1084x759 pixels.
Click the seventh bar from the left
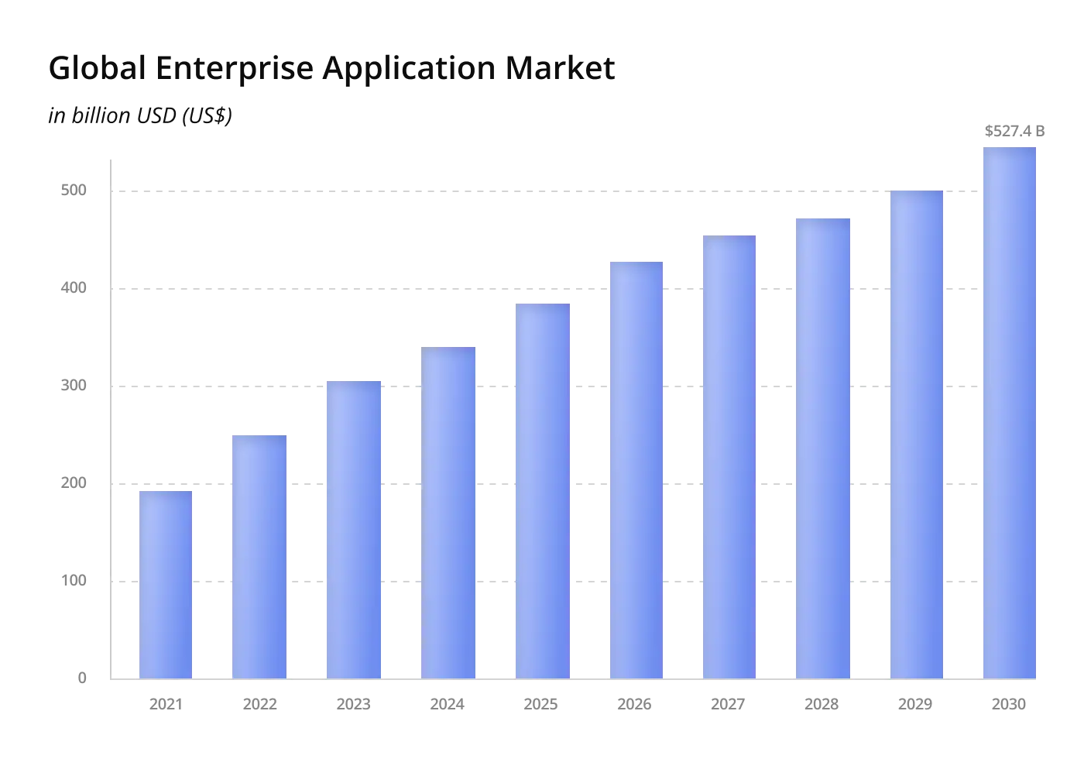(x=728, y=457)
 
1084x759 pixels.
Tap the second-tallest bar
(x=917, y=434)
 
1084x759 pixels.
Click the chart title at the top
(x=333, y=67)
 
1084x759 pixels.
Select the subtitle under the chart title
(x=140, y=115)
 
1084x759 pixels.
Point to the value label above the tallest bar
(x=1015, y=130)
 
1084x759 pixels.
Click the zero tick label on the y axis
(x=81, y=678)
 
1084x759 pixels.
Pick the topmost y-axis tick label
(x=73, y=190)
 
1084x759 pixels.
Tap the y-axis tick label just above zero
(x=74, y=579)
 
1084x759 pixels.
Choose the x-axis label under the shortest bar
(x=166, y=702)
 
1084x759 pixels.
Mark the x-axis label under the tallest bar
(x=1010, y=702)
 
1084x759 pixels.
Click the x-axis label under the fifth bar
(x=539, y=702)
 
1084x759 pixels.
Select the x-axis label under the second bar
(x=260, y=702)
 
